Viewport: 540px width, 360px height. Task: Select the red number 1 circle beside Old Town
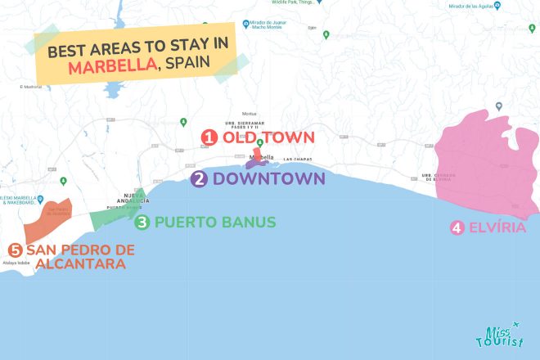pos(209,137)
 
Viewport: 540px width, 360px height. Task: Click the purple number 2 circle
pos(199,178)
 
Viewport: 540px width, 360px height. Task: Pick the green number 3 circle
pos(142,222)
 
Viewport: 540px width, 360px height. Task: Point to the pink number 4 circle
pos(457,228)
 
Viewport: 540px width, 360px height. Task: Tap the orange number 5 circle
pos(15,250)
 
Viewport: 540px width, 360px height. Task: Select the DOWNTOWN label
pos(268,178)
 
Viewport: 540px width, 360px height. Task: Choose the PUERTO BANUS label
pos(215,222)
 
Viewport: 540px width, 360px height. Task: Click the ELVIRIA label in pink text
pos(499,228)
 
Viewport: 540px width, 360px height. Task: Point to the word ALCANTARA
pos(75,264)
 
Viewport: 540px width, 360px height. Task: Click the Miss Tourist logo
pos(497,336)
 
